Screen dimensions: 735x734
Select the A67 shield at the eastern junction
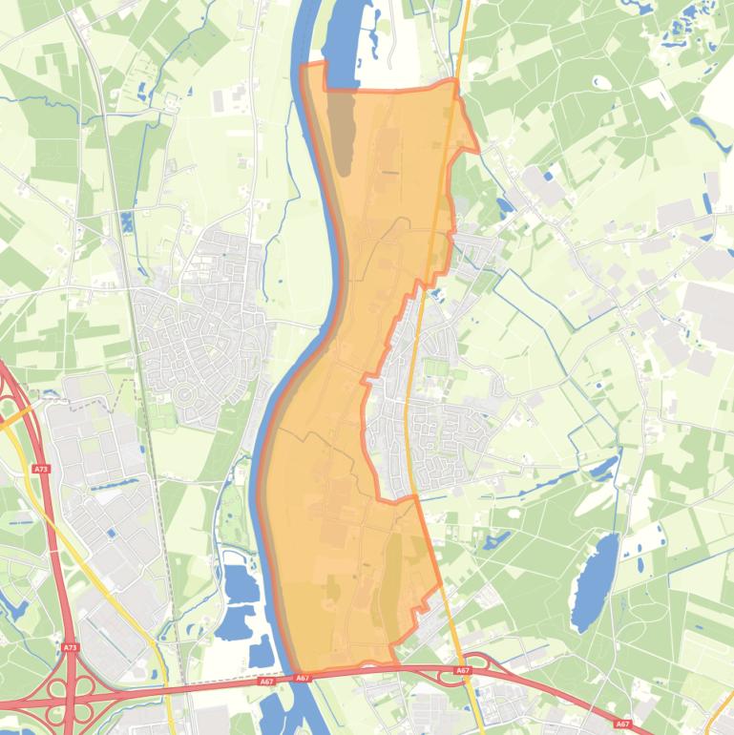coord(463,671)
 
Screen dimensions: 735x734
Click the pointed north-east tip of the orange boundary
coord(477,149)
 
